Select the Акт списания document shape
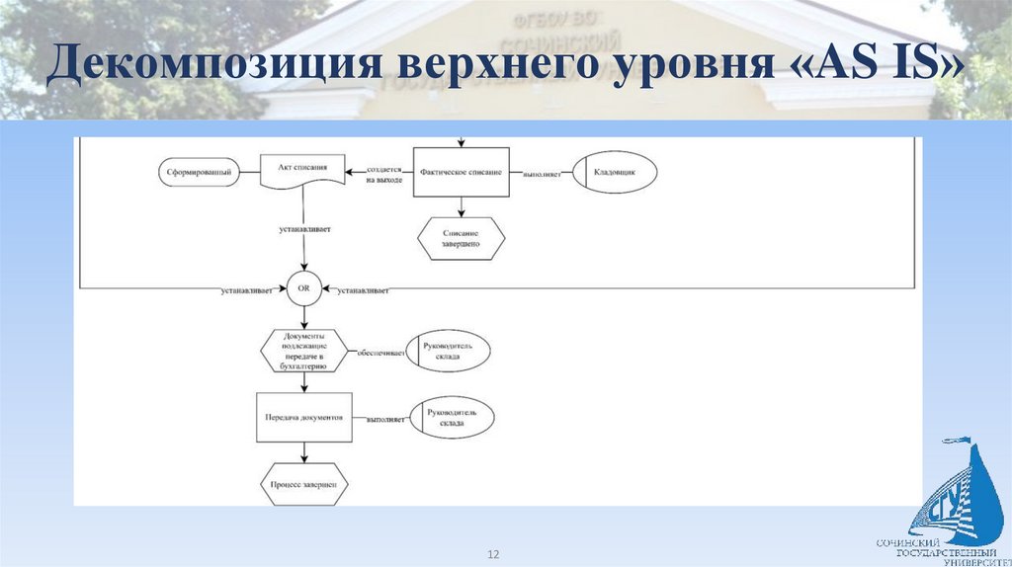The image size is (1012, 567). click(x=303, y=171)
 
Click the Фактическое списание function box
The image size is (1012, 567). click(x=461, y=172)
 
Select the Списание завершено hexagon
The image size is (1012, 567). click(x=461, y=237)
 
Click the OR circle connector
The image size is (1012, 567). click(x=303, y=290)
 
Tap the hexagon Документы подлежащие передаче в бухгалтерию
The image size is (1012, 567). click(x=304, y=351)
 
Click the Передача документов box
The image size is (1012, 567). click(x=304, y=417)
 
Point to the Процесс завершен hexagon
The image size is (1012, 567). click(x=304, y=485)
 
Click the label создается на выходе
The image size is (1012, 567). click(x=383, y=175)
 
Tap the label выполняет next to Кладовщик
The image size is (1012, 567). click(x=543, y=175)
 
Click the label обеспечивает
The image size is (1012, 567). click(x=381, y=353)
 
